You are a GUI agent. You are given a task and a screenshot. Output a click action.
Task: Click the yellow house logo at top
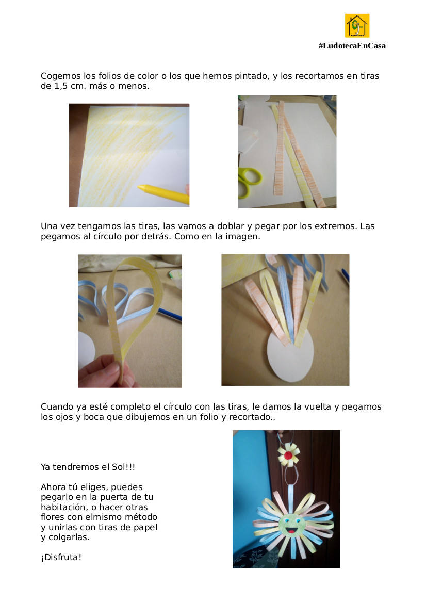click(x=357, y=25)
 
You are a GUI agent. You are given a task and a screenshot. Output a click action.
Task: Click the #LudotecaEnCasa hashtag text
click(x=352, y=46)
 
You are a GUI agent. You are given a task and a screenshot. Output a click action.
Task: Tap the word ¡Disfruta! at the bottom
click(x=61, y=557)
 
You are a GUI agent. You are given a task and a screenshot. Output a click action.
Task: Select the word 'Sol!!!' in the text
click(x=123, y=467)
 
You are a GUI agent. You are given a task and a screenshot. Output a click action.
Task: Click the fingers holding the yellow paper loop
click(x=106, y=371)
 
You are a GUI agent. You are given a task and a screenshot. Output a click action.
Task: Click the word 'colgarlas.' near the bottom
click(x=69, y=537)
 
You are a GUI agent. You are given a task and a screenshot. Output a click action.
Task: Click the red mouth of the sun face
click(x=291, y=531)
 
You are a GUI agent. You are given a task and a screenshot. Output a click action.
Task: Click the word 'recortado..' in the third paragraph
click(x=252, y=417)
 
